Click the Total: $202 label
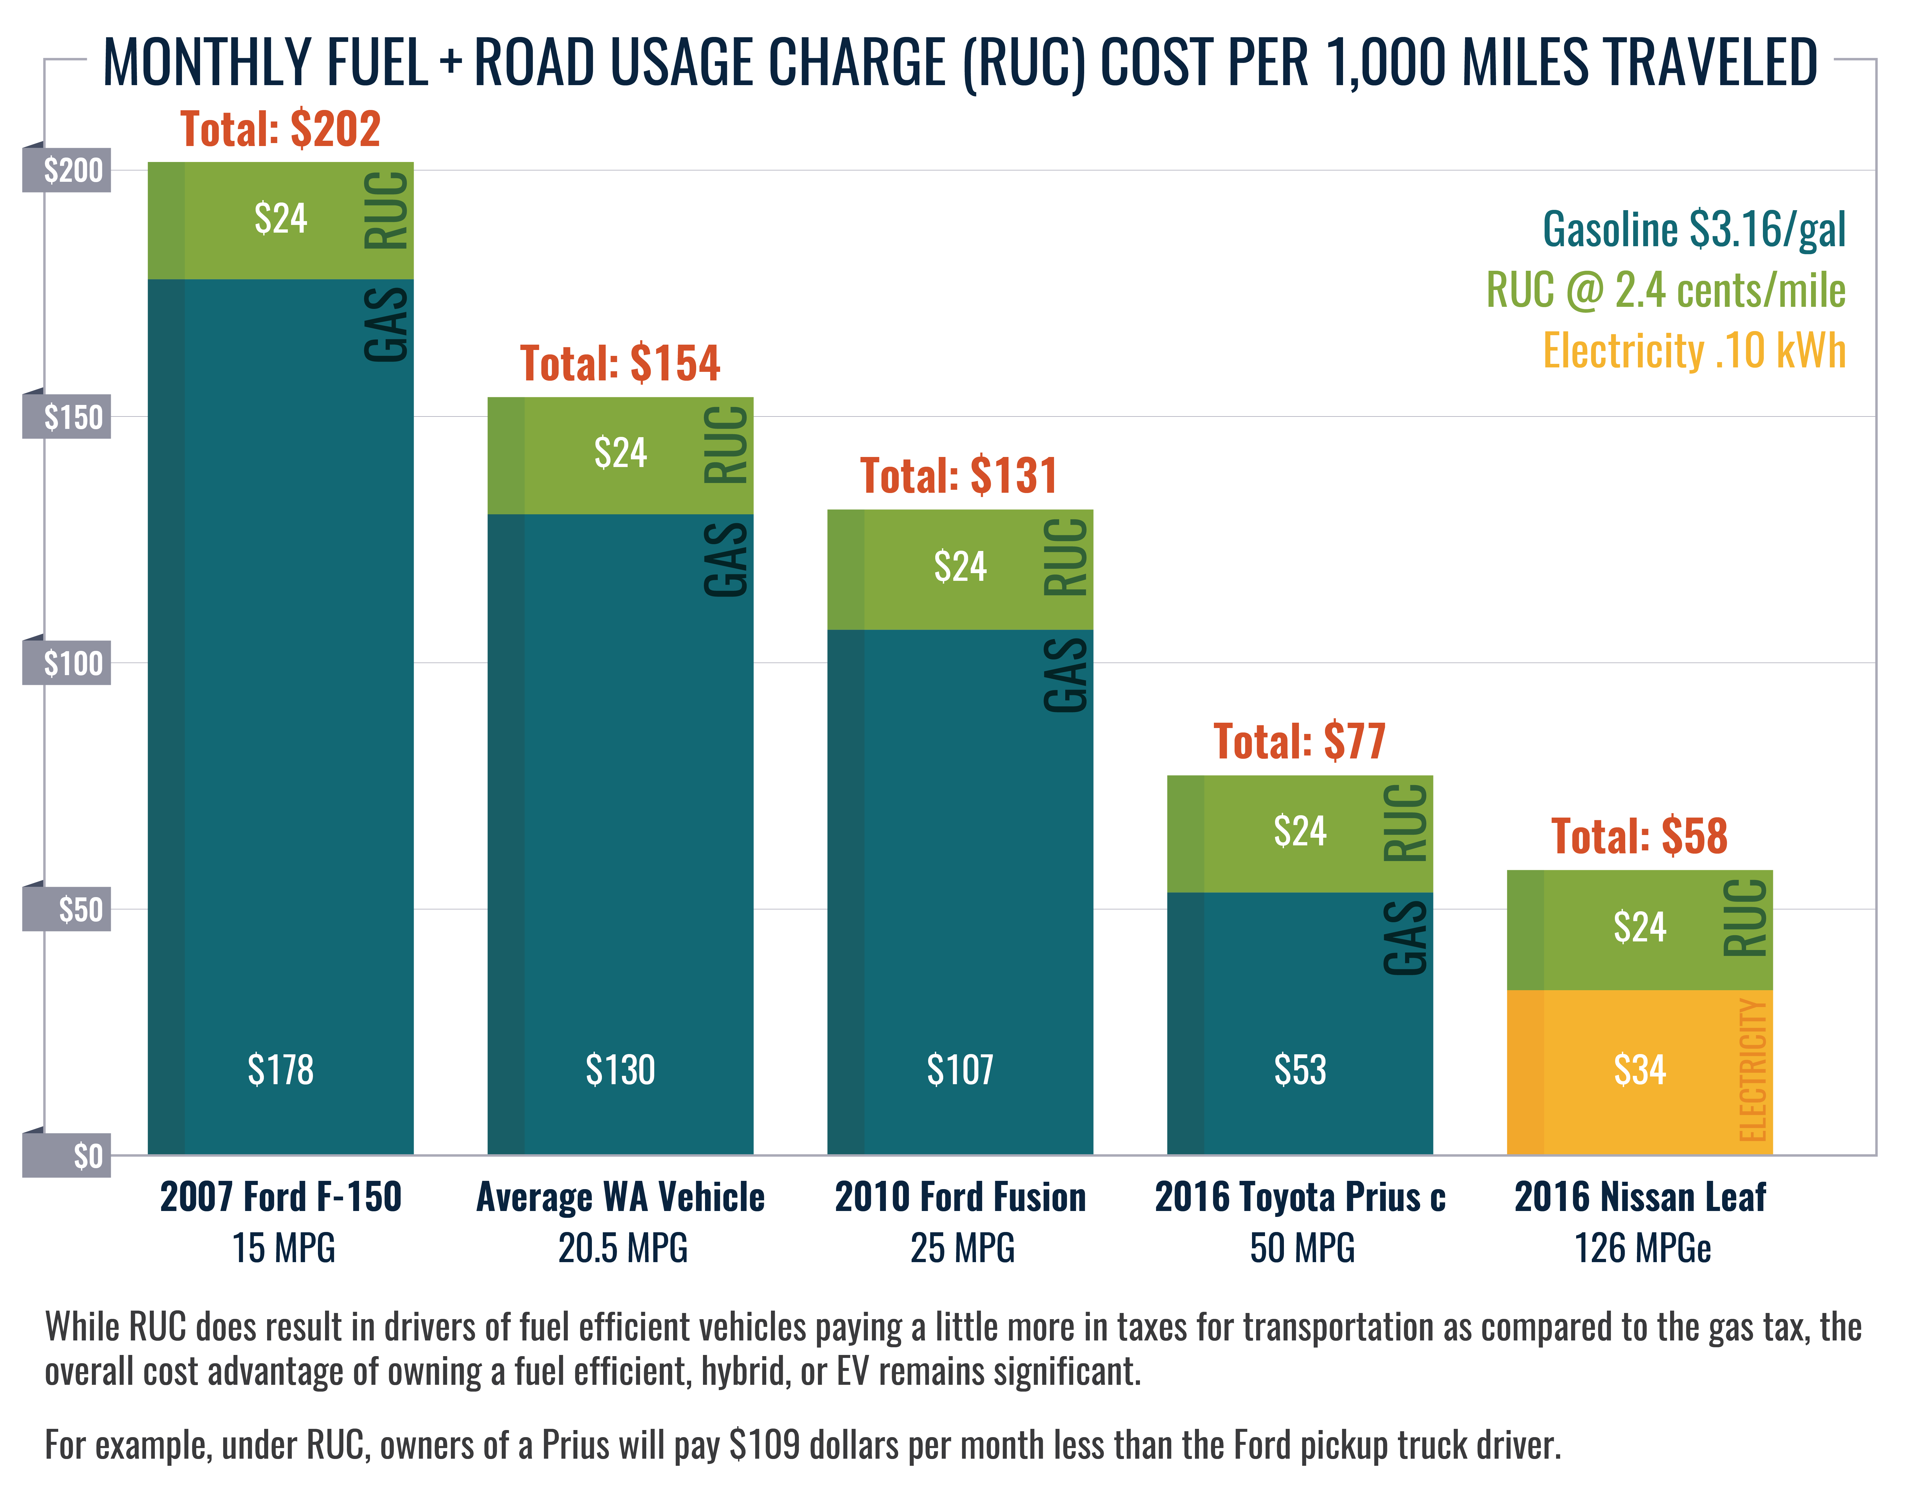(x=280, y=129)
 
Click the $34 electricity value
(x=1639, y=1070)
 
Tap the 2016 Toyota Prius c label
(x=1299, y=1197)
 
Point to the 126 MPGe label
(x=1641, y=1248)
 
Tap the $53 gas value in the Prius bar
(x=1299, y=1070)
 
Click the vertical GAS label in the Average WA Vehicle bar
(x=727, y=560)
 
